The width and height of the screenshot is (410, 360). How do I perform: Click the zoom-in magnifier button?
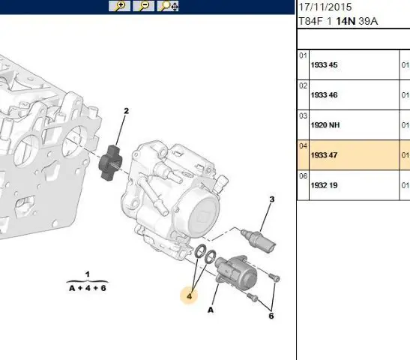coord(119,6)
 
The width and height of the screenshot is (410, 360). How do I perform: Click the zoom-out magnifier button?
coord(144,6)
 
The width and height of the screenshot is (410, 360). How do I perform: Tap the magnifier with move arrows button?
coord(168,6)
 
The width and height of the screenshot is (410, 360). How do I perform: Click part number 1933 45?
coord(324,65)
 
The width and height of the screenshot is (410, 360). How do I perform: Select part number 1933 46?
coord(324,95)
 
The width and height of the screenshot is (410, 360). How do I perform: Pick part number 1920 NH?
coord(325,125)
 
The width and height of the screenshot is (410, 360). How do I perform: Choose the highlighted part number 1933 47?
coord(324,155)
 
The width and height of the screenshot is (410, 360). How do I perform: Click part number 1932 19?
coord(324,185)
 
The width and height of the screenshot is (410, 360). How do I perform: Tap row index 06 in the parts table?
coord(303,176)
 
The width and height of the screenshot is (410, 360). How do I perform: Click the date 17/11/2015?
coord(325,7)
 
